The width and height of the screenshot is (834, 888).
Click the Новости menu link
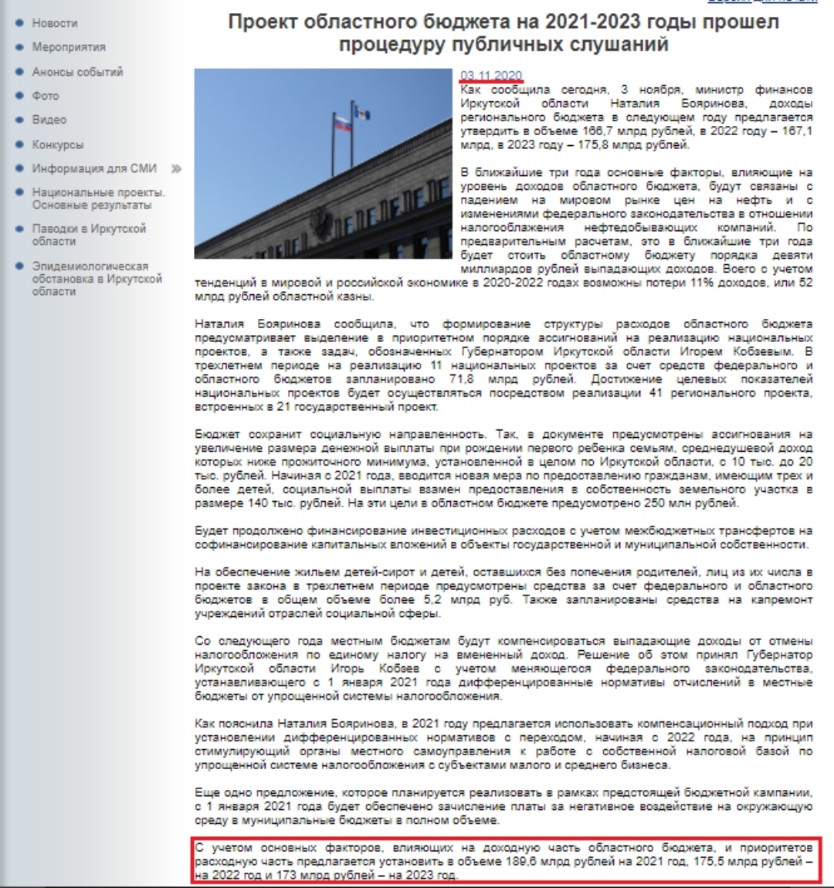[x=55, y=23]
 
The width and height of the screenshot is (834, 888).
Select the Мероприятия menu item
[x=69, y=47]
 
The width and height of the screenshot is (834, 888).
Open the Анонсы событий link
[x=77, y=72]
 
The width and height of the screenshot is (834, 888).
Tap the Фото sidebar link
[x=46, y=96]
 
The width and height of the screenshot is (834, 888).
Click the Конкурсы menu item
[x=58, y=144]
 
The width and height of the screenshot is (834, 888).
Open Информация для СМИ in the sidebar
[x=94, y=168]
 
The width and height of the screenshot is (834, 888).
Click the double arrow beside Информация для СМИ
[x=176, y=168]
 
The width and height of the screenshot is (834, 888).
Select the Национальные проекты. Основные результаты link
[x=98, y=198]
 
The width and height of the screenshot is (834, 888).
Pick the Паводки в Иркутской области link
[x=89, y=235]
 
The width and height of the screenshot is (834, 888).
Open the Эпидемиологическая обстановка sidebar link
[x=97, y=278]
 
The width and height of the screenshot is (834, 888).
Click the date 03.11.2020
[x=491, y=75]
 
